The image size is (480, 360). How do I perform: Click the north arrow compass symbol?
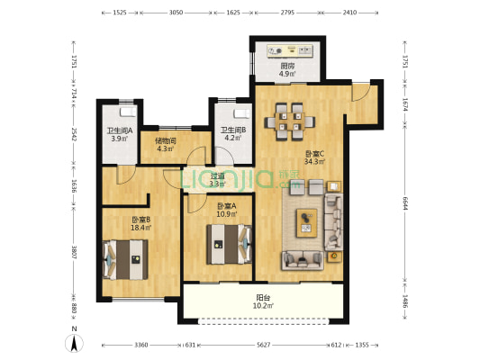(74, 343)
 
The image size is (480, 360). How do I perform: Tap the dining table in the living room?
(290, 121)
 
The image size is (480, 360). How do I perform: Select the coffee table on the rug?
(306, 223)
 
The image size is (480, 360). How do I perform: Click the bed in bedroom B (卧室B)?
(125, 260)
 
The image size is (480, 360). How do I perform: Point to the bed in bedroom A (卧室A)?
(229, 245)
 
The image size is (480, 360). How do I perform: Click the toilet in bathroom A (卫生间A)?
(128, 112)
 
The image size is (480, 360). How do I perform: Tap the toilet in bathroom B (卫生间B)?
(242, 113)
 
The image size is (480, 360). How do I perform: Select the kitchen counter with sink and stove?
(290, 50)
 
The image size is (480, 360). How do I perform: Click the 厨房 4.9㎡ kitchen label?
(287, 69)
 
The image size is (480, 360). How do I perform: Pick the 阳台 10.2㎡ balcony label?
(263, 301)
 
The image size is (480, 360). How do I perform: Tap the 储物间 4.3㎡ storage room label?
(166, 145)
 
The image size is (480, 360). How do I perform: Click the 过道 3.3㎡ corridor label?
(218, 180)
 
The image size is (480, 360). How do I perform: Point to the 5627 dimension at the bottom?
(263, 345)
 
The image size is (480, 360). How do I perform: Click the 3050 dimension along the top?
(176, 13)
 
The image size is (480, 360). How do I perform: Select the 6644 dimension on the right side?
(405, 203)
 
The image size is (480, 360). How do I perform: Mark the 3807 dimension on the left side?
(74, 252)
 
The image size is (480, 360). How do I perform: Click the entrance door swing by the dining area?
(360, 93)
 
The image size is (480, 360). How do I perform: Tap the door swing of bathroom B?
(224, 156)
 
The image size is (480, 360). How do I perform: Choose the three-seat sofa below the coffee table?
(303, 261)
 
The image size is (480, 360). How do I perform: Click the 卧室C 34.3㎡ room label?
(314, 157)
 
